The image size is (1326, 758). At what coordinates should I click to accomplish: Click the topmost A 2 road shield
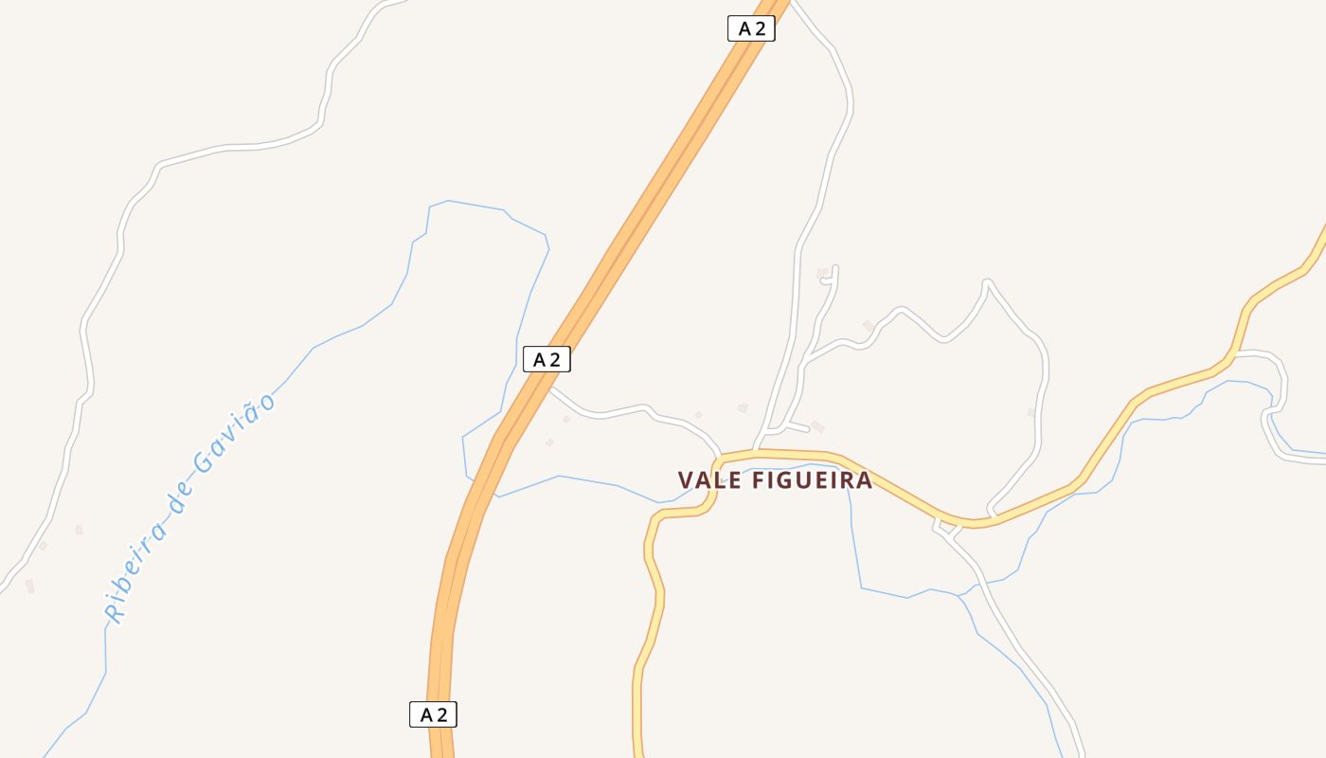tap(751, 28)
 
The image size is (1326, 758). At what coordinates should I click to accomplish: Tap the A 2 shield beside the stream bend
tap(547, 359)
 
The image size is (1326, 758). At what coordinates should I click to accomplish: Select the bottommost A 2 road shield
tap(433, 714)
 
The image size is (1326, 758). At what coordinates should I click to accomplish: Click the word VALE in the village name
tap(709, 480)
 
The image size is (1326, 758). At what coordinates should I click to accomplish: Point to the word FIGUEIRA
tap(812, 480)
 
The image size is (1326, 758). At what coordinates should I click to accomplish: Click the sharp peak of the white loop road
tap(987, 282)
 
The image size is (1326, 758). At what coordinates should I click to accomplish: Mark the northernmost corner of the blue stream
tap(447, 201)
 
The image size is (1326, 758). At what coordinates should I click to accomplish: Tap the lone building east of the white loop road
tap(1031, 412)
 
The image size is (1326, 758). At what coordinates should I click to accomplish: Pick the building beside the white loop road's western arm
tap(868, 326)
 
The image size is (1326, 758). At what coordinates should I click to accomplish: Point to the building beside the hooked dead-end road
tap(821, 273)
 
